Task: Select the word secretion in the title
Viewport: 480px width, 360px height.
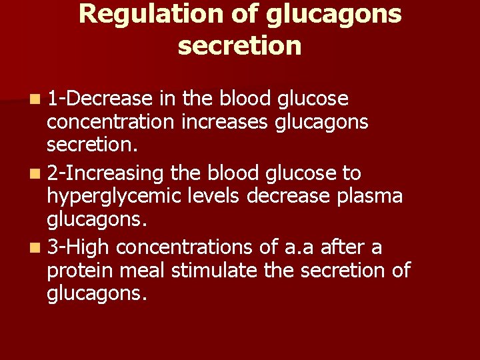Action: coord(240,46)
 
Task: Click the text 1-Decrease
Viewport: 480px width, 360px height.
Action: coord(100,99)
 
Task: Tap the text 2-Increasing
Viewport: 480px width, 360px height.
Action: coord(106,173)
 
